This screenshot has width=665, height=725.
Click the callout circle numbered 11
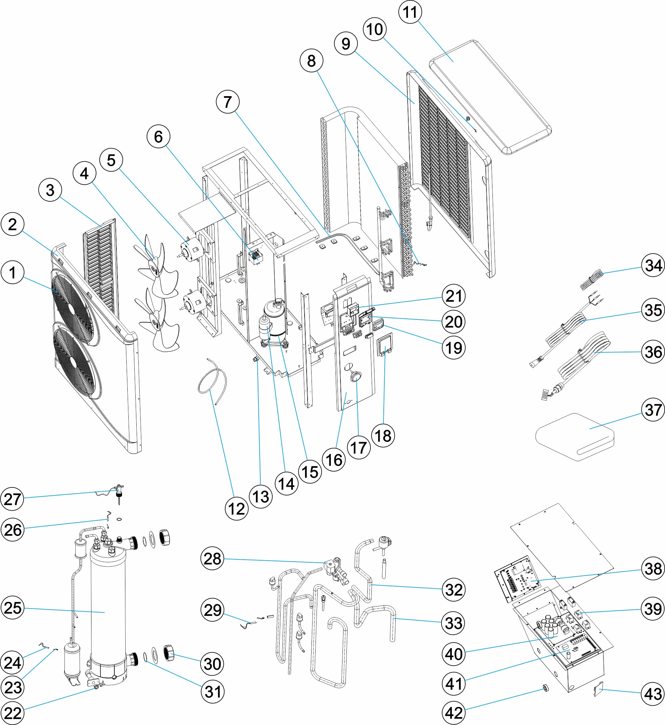click(410, 12)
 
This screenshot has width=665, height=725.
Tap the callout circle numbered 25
click(13, 608)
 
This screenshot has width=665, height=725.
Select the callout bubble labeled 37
click(653, 410)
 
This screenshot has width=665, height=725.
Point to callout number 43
click(653, 694)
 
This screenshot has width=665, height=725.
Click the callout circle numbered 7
click(227, 102)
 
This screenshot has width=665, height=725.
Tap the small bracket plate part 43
click(598, 691)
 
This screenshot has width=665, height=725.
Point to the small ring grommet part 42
click(546, 688)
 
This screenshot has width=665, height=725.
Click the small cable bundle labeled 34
click(591, 279)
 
